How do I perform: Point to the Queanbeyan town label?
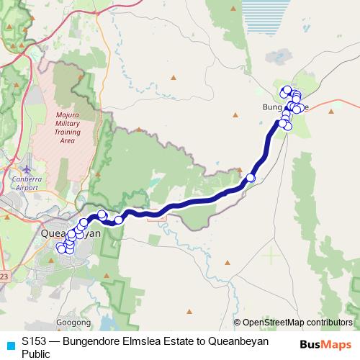(x=71, y=234)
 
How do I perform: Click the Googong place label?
(x=73, y=323)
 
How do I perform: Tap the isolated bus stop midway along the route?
(x=251, y=178)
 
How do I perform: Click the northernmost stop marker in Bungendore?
(x=287, y=89)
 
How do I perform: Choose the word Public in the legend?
(x=36, y=354)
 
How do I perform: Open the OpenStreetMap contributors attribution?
(x=297, y=323)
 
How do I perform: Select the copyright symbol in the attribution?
(x=237, y=323)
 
